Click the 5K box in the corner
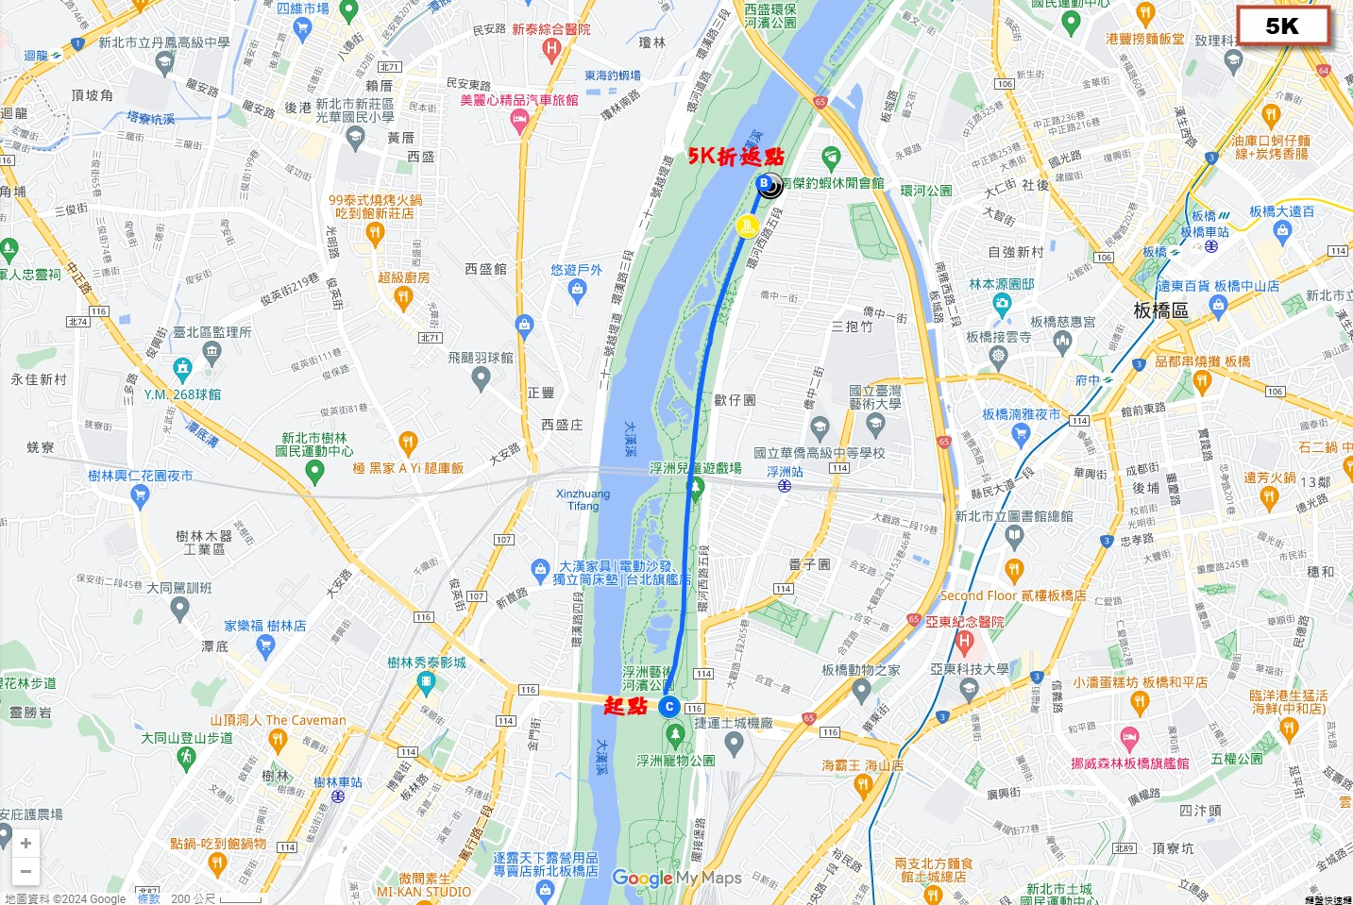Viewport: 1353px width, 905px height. pos(1282,26)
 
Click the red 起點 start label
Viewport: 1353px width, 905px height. pos(625,706)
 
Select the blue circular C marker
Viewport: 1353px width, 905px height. pos(669,706)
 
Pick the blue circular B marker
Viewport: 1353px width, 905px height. pos(764,183)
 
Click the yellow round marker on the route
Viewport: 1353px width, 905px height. pos(747,226)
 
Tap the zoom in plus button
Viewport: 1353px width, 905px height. pos(25,843)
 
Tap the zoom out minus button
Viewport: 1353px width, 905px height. pos(25,871)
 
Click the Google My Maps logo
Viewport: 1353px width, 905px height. pos(676,879)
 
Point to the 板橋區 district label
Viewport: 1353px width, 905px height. pos(1160,310)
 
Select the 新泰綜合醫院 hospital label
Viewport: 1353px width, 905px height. pos(551,29)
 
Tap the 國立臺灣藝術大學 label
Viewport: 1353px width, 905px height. pos(874,396)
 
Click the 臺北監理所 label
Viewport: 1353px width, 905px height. pos(211,332)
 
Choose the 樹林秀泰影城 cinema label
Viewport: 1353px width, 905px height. pos(427,662)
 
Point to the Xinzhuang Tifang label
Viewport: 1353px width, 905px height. pos(583,499)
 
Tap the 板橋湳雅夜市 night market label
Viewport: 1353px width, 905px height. pos(1021,414)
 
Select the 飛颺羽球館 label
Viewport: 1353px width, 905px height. pos(481,358)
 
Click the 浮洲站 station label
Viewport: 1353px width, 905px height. pos(785,472)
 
